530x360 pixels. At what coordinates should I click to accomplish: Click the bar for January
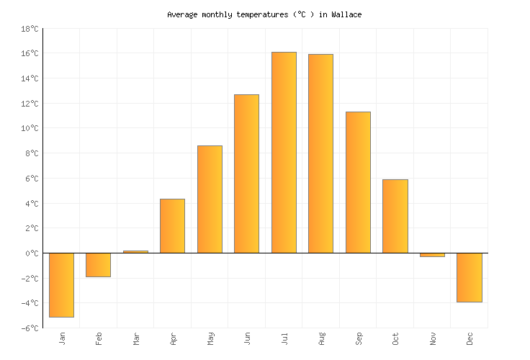(61, 285)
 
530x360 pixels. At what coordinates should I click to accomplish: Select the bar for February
(98, 265)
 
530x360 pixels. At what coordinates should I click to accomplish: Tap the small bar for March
(135, 252)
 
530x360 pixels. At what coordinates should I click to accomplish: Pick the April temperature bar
(172, 226)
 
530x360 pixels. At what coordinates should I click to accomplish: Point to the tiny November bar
(432, 255)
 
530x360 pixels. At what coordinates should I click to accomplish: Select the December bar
(469, 277)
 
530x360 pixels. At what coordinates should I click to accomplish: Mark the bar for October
(395, 216)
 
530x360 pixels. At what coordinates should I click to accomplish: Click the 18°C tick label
(30, 29)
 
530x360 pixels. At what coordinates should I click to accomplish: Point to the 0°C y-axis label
(32, 253)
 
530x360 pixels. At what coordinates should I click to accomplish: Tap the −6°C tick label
(30, 328)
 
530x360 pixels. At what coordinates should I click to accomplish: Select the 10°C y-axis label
(30, 128)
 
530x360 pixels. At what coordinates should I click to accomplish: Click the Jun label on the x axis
(247, 338)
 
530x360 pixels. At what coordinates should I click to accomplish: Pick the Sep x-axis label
(358, 338)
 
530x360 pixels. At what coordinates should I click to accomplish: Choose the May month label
(210, 338)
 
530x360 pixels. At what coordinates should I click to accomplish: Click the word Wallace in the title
(346, 14)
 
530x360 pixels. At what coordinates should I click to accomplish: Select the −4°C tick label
(30, 303)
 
